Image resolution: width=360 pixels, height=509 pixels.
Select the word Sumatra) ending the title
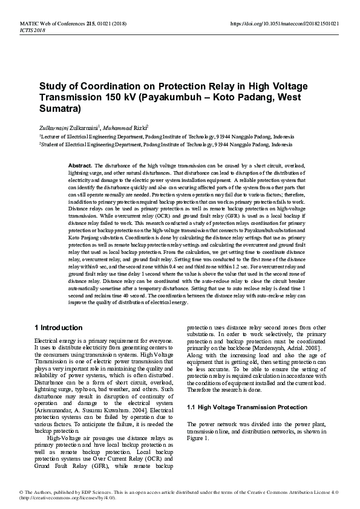(60, 110)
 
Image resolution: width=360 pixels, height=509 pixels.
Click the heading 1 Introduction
(59, 328)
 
